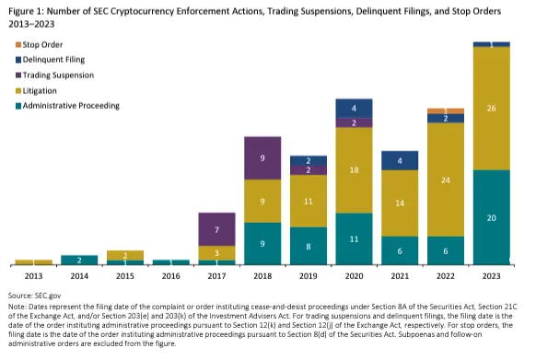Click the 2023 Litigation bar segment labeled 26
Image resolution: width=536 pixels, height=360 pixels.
click(491, 108)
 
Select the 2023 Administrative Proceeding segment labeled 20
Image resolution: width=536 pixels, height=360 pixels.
click(491, 217)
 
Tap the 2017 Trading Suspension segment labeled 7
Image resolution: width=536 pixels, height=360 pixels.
click(217, 228)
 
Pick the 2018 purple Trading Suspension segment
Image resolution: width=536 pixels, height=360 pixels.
click(262, 157)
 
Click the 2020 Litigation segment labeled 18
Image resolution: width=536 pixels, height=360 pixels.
click(354, 170)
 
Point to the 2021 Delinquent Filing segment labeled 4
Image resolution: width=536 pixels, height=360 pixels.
click(400, 162)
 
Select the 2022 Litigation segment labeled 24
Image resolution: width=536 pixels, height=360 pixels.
click(446, 180)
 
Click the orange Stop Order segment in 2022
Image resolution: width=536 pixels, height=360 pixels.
click(446, 110)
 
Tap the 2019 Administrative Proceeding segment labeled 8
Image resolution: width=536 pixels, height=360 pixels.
click(309, 246)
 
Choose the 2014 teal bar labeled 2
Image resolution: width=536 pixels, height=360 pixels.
click(79, 261)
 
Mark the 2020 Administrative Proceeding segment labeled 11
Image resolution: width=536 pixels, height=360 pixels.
click(354, 238)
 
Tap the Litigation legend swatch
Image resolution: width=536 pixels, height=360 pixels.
click(15, 90)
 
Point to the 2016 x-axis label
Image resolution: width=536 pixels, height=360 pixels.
click(170, 274)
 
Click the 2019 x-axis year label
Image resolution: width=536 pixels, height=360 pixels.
click(309, 274)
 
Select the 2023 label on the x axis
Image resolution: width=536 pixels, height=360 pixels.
click(491, 274)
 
